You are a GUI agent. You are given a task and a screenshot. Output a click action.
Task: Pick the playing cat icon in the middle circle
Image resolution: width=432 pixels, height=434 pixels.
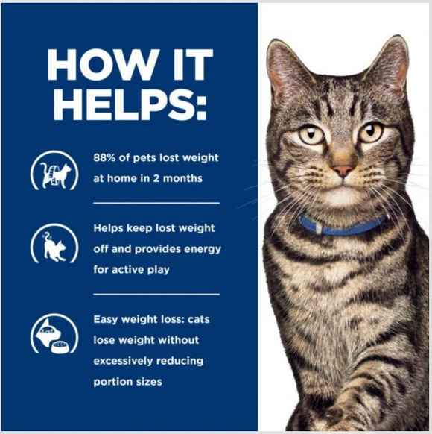tap(54, 246)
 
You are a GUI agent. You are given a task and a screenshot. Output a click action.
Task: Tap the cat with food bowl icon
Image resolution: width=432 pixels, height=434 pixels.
tap(54, 334)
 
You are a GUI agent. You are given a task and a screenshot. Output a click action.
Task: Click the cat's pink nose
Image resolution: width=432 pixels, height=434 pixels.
tap(342, 171)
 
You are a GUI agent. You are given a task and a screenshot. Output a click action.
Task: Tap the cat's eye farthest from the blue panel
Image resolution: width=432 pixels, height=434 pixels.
tap(370, 133)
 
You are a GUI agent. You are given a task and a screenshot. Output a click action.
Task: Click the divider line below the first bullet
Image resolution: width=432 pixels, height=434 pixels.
tap(156, 203)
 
